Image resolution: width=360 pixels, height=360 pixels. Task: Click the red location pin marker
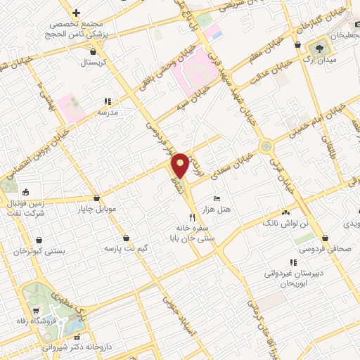[x=180, y=165]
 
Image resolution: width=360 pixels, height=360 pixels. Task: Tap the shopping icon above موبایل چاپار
[x=96, y=198]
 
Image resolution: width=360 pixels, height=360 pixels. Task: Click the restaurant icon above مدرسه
[x=108, y=101]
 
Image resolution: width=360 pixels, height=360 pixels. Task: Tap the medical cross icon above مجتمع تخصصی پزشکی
[x=76, y=13]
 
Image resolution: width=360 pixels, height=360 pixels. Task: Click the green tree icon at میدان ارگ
[x=320, y=48]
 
